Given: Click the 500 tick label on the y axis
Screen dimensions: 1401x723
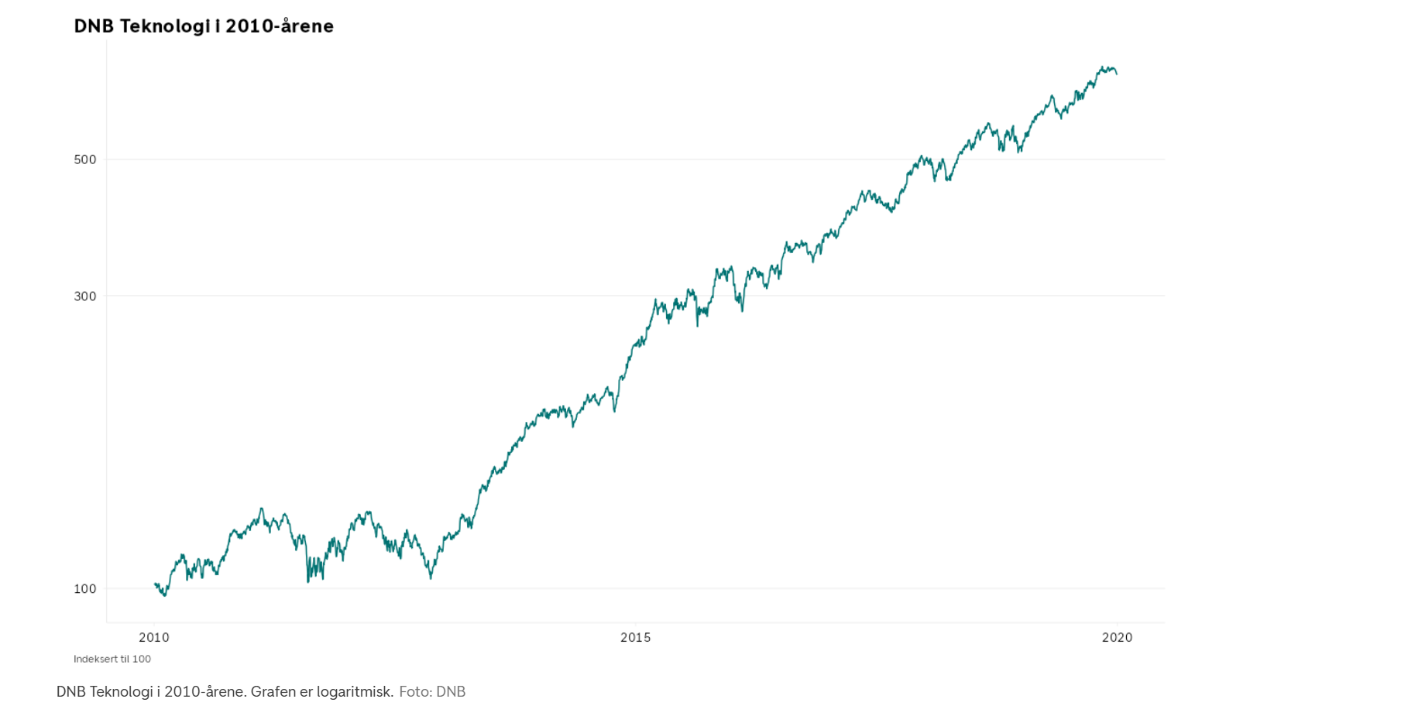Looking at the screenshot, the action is click(x=85, y=159).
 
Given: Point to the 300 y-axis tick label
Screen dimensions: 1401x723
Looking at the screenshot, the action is click(x=85, y=296).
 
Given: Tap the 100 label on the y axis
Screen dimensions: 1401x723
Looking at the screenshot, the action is click(x=85, y=589).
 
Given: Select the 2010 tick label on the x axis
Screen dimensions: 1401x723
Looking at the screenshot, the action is click(x=154, y=638).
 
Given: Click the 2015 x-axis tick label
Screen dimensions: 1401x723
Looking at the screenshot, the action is click(x=636, y=638).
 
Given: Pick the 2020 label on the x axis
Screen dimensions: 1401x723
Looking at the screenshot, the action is click(x=1117, y=638).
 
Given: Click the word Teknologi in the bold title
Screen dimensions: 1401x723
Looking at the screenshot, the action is click(x=164, y=26).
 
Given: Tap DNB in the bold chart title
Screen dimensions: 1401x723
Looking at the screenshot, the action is click(x=94, y=26).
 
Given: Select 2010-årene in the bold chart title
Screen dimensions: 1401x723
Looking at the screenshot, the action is click(x=280, y=26).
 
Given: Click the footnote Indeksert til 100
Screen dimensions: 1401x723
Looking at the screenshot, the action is click(x=112, y=660).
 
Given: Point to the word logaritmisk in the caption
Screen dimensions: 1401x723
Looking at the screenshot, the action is click(x=355, y=692).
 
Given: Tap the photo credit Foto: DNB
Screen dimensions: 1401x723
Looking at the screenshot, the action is click(x=432, y=692).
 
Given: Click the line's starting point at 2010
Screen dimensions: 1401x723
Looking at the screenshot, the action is click(x=156, y=584).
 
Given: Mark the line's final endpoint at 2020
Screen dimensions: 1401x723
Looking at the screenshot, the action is click(x=1117, y=74).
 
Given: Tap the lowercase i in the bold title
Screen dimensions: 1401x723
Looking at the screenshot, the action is click(x=218, y=26).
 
